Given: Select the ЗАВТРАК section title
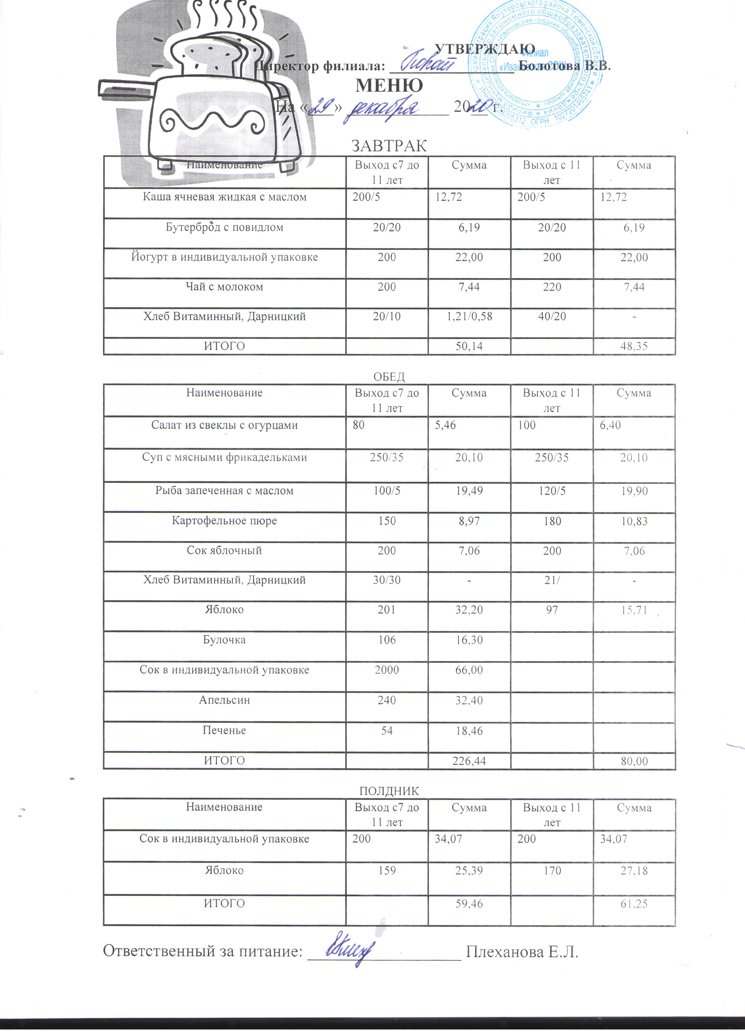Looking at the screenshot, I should (389, 146).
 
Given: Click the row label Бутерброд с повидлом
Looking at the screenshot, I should (224, 227).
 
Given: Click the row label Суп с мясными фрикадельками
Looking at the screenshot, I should (224, 458).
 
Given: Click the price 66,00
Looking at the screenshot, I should (469, 670).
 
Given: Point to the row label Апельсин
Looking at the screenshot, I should (224, 700).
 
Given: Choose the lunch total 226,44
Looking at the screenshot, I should (469, 761).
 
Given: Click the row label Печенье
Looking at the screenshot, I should (224, 730).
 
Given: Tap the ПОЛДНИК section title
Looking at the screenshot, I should (389, 791).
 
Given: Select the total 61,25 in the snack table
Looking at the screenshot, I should (634, 904).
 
